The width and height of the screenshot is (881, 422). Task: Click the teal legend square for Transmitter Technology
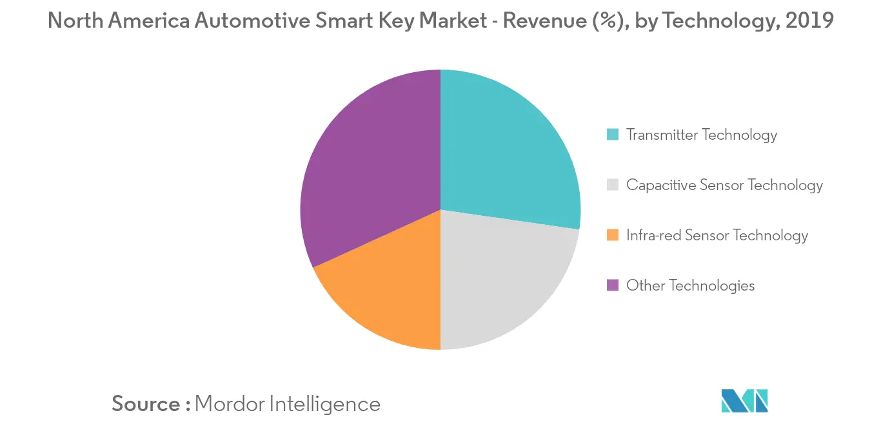pyautogui.click(x=613, y=135)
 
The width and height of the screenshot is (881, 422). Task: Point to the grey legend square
pyautogui.click(x=613, y=185)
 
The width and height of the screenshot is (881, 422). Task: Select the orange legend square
pyautogui.click(x=613, y=235)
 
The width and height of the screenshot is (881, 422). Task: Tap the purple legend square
pyautogui.click(x=613, y=285)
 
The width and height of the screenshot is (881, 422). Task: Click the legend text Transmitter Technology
pyautogui.click(x=702, y=135)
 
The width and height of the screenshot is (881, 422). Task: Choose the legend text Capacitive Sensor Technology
pyautogui.click(x=724, y=185)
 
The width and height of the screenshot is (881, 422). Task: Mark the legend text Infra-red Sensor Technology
pyautogui.click(x=717, y=235)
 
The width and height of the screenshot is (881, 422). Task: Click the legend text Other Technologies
pyautogui.click(x=690, y=285)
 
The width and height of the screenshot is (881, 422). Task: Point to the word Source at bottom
pyautogui.click(x=146, y=404)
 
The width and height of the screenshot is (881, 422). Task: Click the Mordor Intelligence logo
pyautogui.click(x=744, y=400)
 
